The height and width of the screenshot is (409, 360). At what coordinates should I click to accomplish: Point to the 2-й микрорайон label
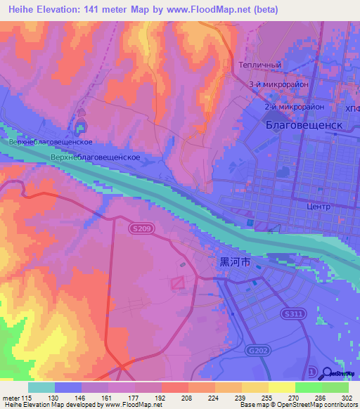pos(294,107)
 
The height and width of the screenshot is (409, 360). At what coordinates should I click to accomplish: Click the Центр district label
pos(319,207)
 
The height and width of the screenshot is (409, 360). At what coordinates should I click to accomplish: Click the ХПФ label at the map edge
pos(353,109)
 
